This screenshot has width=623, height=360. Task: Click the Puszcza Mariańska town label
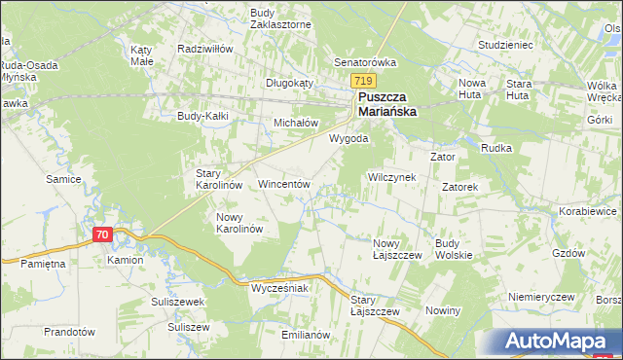pyautogui.click(x=387, y=105)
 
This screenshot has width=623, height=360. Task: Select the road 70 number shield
pyautogui.click(x=104, y=234)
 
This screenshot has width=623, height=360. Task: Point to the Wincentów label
pyautogui.click(x=283, y=183)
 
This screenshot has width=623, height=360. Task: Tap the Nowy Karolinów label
pyautogui.click(x=239, y=223)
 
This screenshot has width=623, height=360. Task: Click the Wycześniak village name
pyautogui.click(x=279, y=289)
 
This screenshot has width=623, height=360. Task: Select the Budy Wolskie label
pyautogui.click(x=454, y=249)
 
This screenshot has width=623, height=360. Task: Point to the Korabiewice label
pyautogui.click(x=588, y=210)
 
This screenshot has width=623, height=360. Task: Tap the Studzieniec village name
pyautogui.click(x=503, y=45)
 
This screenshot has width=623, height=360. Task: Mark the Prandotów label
pyautogui.click(x=69, y=332)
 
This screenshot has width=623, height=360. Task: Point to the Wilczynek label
pyautogui.click(x=390, y=178)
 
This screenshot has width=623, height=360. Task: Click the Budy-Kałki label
pyautogui.click(x=202, y=116)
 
